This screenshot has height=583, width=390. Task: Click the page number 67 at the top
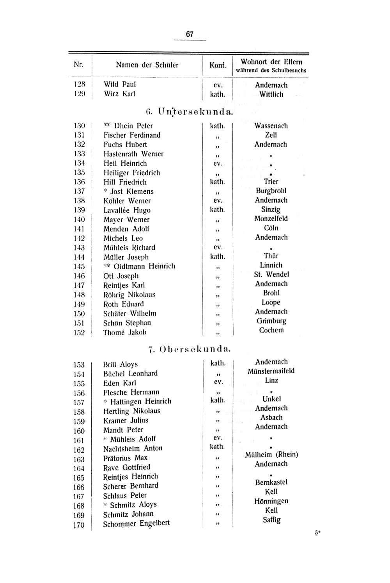click(190, 34)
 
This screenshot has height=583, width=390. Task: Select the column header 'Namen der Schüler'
click(147, 65)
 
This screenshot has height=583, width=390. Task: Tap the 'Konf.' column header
click(218, 65)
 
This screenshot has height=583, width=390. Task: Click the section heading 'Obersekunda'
click(195, 349)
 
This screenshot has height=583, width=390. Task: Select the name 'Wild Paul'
click(120, 85)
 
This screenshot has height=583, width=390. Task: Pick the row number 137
click(79, 191)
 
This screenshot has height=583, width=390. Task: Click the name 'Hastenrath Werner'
click(133, 154)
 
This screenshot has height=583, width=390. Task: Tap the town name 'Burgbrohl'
click(271, 191)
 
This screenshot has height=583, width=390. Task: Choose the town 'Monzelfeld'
click(271, 219)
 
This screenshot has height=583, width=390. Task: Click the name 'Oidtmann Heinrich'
click(144, 266)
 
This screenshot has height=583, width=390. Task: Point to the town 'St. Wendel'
click(271, 274)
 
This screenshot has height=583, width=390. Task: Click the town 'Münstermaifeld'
click(271, 371)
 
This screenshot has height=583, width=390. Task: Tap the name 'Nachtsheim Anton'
click(133, 449)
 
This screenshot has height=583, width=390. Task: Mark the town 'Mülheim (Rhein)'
click(271, 454)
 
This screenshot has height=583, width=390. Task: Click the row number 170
click(79, 525)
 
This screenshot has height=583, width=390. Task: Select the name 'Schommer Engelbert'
click(136, 524)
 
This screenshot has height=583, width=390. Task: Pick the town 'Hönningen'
click(271, 501)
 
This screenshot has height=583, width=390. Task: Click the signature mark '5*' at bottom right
click(317, 534)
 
